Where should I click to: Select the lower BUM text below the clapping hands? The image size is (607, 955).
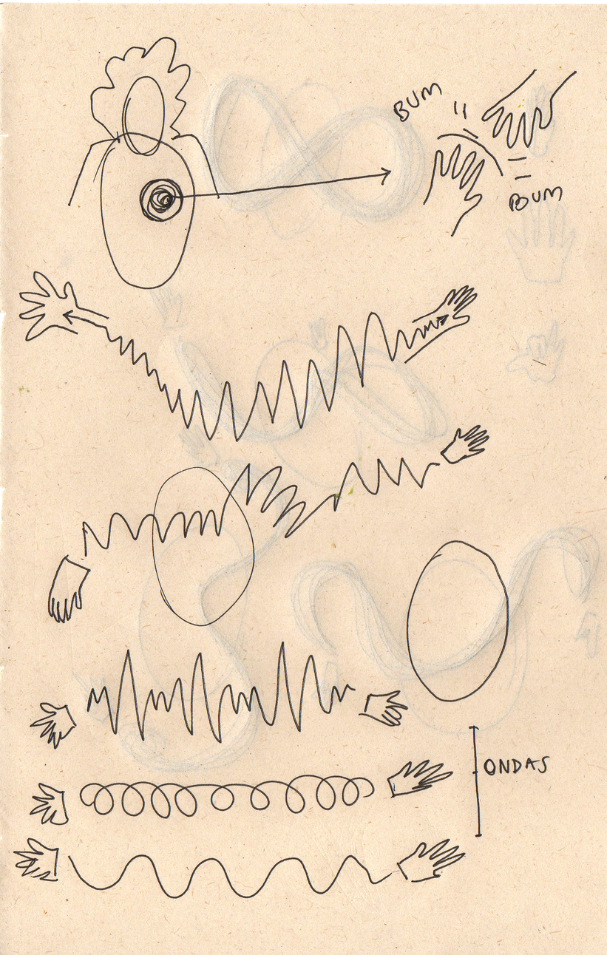[535, 199]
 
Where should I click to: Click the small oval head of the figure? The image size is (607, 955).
[143, 115]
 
